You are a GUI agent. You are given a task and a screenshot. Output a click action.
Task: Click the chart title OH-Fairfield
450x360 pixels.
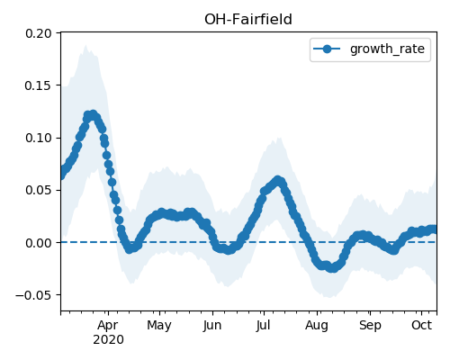(248, 20)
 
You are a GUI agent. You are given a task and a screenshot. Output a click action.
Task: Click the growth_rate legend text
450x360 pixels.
(387, 49)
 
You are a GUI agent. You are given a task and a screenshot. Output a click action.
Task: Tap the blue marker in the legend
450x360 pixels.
(327, 49)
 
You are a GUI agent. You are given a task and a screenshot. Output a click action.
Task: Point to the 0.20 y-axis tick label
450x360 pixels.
(39, 33)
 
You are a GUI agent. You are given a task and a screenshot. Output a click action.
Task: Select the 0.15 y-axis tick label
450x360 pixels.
(39, 85)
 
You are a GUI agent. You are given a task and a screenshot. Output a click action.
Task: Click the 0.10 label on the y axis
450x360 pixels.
(39, 138)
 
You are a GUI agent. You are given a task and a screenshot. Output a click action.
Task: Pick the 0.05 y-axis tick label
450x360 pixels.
(39, 190)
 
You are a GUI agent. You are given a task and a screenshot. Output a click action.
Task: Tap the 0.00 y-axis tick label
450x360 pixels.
(39, 243)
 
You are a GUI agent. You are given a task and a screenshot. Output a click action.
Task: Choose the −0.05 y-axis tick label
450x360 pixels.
(33, 295)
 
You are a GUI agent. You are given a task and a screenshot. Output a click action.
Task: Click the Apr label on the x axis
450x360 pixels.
(108, 325)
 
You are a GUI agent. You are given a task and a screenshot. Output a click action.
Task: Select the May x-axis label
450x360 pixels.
(159, 325)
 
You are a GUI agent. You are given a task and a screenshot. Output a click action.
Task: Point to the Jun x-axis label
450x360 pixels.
(212, 325)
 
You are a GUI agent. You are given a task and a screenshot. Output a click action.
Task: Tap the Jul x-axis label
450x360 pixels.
(264, 325)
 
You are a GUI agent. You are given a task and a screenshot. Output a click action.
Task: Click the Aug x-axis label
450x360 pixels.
(317, 325)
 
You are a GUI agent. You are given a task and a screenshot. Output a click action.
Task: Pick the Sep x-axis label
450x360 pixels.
(370, 325)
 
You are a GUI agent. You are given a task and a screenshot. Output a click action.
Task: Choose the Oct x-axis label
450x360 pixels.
(421, 325)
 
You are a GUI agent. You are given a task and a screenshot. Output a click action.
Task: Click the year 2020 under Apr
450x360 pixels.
(108, 340)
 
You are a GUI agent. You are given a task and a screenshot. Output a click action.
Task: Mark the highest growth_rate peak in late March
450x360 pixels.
(94, 114)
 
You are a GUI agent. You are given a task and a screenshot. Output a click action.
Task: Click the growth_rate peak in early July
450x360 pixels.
(278, 180)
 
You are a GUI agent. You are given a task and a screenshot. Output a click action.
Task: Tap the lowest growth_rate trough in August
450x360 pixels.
(332, 268)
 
